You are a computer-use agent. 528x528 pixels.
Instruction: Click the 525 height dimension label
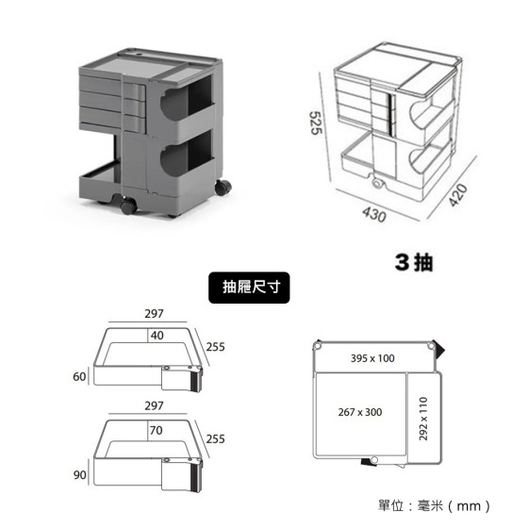pyautogui.click(x=316, y=123)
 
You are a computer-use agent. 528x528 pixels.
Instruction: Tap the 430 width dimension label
pyautogui.click(x=374, y=214)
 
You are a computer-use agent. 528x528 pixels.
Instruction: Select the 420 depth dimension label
pyautogui.click(x=458, y=195)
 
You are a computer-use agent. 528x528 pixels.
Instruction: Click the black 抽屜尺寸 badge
pyautogui.click(x=249, y=288)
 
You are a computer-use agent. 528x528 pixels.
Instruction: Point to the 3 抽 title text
pyautogui.click(x=414, y=262)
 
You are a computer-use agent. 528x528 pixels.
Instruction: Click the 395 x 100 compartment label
pyautogui.click(x=372, y=358)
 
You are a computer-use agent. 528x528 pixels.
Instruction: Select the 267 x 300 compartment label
pyautogui.click(x=360, y=412)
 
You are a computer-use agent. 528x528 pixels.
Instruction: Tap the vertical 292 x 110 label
pyautogui.click(x=423, y=419)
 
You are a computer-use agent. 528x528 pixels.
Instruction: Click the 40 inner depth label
pyautogui.click(x=157, y=336)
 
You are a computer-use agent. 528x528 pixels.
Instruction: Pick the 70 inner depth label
pyautogui.click(x=157, y=430)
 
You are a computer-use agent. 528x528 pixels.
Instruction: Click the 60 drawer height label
pyautogui.click(x=79, y=376)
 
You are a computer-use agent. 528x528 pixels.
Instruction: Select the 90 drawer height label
pyautogui.click(x=80, y=475)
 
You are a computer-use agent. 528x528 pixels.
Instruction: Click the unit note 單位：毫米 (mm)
pyautogui.click(x=435, y=505)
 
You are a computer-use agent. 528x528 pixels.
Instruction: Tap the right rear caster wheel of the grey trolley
pyautogui.click(x=223, y=188)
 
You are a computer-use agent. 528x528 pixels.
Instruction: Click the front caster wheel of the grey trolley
pyautogui.click(x=128, y=206)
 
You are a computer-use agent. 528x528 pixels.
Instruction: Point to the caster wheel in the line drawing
pyautogui.click(x=378, y=183)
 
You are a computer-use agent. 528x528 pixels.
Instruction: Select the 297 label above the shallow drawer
pyautogui.click(x=154, y=314)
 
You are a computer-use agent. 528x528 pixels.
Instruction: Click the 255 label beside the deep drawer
pyautogui.click(x=216, y=439)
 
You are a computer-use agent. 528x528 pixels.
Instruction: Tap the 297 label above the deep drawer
pyautogui.click(x=154, y=405)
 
